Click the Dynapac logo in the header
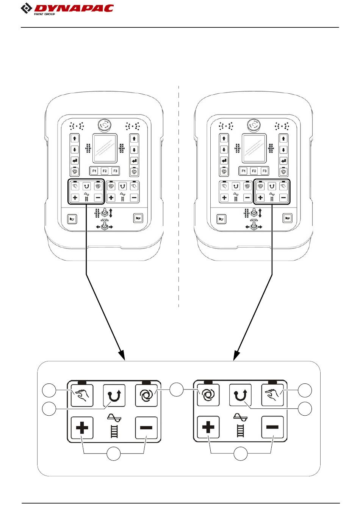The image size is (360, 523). (x=67, y=8)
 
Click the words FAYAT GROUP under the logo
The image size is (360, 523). (x=44, y=14)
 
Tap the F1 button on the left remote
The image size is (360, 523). (x=94, y=171)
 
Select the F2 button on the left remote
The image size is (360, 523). (x=105, y=171)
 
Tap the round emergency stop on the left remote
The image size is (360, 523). (x=103, y=124)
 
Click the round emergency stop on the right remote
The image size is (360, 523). (x=253, y=124)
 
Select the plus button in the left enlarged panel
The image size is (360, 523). (x=82, y=428)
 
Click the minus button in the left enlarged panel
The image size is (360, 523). (x=146, y=428)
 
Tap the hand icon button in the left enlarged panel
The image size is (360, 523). (x=82, y=396)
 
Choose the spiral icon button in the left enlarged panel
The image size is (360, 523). (x=146, y=396)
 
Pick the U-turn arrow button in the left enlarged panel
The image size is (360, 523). (x=114, y=396)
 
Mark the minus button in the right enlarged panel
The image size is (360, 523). (x=272, y=427)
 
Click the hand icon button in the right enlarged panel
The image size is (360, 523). (x=272, y=395)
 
